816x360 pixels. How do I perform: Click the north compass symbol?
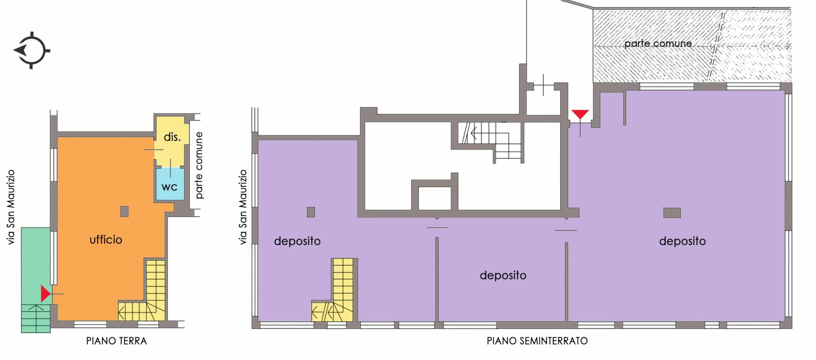point(31,51)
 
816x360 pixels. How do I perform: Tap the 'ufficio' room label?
point(106,240)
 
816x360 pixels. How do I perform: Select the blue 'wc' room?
point(170,184)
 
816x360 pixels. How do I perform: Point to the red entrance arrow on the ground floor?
point(45,294)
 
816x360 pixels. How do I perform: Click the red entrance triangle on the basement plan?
point(580,114)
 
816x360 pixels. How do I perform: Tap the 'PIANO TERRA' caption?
point(116,341)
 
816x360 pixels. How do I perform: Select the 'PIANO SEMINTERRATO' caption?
point(537,341)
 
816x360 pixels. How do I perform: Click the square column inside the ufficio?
point(124,211)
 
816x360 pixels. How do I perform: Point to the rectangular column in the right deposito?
point(672,212)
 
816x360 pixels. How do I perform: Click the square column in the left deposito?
point(311,212)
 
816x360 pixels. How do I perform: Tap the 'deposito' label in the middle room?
point(503,275)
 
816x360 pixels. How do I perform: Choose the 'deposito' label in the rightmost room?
point(682,241)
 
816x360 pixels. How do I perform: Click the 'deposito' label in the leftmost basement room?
point(297,241)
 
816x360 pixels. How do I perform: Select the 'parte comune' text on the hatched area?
point(658,43)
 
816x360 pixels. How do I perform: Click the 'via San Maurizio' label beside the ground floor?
point(11,207)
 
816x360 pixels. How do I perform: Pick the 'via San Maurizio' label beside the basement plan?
point(243,207)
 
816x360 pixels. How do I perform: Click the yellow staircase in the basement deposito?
point(333,290)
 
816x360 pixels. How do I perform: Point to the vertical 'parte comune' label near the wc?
point(199,165)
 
